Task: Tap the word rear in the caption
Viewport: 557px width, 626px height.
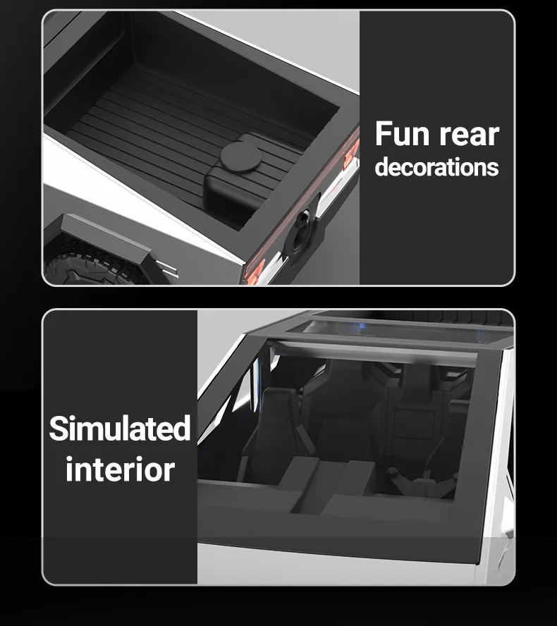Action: click(x=469, y=135)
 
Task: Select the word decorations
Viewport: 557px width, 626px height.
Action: click(x=437, y=167)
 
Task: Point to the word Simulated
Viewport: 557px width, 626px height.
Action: click(x=120, y=428)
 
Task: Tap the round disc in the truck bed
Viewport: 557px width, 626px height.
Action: click(x=240, y=157)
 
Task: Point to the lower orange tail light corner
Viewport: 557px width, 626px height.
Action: click(x=255, y=271)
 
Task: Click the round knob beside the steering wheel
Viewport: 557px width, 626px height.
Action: click(x=393, y=472)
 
